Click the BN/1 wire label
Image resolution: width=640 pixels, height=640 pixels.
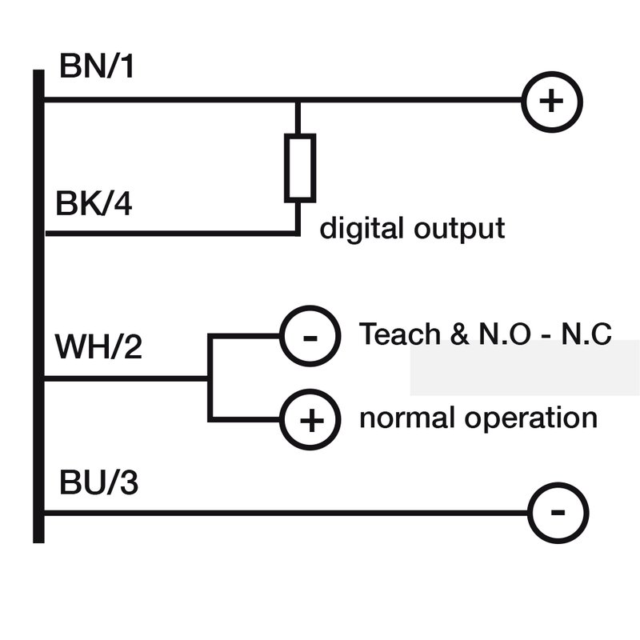pyautogui.click(x=96, y=68)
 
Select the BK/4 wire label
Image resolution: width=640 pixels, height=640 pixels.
pyautogui.click(x=94, y=203)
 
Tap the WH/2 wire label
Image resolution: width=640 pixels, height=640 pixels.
pyautogui.click(x=98, y=347)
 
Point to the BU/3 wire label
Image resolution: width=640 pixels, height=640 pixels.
pyautogui.click(x=97, y=482)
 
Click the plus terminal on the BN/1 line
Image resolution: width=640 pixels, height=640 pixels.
pyautogui.click(x=552, y=102)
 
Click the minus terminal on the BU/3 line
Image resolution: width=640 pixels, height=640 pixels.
pyautogui.click(x=558, y=513)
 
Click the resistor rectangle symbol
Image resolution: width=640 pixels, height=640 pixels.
pyautogui.click(x=299, y=167)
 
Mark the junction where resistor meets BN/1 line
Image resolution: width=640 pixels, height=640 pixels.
pyautogui.click(x=298, y=102)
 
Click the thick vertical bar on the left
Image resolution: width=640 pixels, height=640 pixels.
pyautogui.click(x=38, y=304)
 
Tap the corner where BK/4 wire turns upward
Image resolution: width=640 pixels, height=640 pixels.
pyautogui.click(x=298, y=234)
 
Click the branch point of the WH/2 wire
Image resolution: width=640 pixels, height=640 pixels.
pyautogui.click(x=210, y=378)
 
